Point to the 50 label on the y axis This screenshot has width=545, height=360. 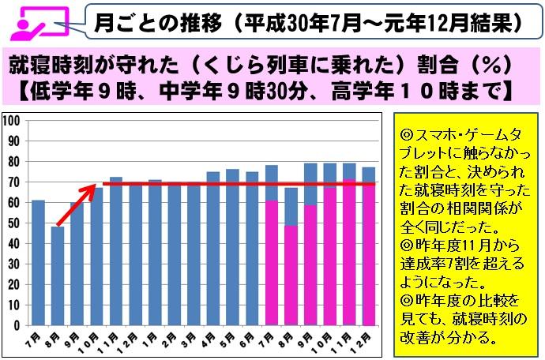pyautogui.click(x=14, y=223)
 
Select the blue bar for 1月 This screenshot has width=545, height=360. pyautogui.click(x=155, y=253)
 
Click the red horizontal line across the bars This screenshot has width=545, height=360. pyautogui.click(x=237, y=184)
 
